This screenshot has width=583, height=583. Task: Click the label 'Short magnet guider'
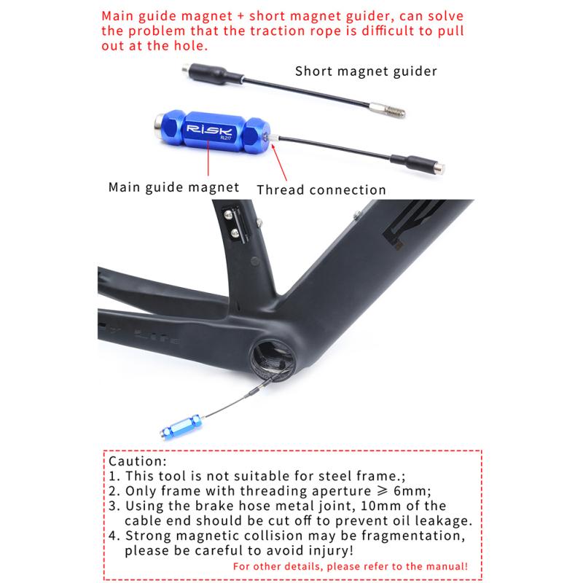[366, 71]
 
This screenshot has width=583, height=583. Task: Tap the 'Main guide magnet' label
[173, 187]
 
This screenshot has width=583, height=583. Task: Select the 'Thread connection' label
[321, 189]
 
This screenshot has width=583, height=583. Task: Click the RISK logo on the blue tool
[208, 127]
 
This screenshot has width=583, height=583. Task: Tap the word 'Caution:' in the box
[137, 461]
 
